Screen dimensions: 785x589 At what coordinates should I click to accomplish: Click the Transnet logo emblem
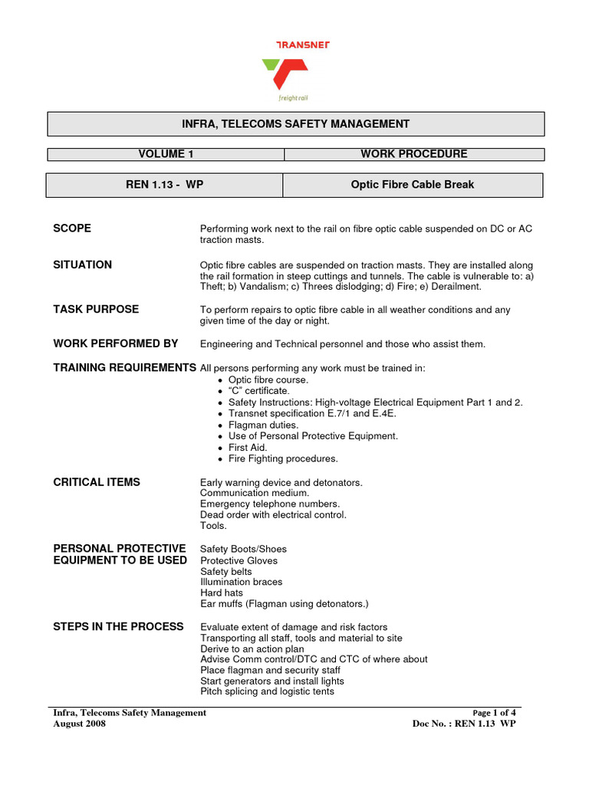point(285,74)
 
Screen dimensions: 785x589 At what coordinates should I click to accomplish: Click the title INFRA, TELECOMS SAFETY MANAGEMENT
point(295,123)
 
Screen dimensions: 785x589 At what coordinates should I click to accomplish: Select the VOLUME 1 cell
point(166,154)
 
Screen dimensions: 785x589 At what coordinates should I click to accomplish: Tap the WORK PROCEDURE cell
point(413,154)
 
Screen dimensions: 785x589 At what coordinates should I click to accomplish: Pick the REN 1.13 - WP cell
point(164,185)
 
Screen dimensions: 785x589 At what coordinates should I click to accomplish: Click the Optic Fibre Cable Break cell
point(413,185)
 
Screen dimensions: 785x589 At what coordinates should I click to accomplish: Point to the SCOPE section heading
point(72,228)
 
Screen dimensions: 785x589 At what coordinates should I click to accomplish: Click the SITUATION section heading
point(82,264)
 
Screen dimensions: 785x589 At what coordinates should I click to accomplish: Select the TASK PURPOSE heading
point(96,309)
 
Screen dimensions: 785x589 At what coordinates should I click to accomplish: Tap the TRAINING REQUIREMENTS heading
point(124,368)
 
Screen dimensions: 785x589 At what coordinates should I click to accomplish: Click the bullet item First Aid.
point(247,448)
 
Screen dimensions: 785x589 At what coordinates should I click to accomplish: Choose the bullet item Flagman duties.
point(263,425)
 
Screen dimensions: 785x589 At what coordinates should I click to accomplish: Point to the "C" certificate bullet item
point(258,391)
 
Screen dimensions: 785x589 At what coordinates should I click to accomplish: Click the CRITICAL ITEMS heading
point(97,482)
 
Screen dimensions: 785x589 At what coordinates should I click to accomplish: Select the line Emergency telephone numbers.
point(269,504)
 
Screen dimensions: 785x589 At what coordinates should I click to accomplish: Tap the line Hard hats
point(222,593)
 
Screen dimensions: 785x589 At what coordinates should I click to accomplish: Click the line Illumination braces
point(241,582)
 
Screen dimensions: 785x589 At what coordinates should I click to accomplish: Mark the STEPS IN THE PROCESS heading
point(118,626)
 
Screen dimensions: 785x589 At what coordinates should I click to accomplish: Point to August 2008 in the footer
point(79,724)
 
